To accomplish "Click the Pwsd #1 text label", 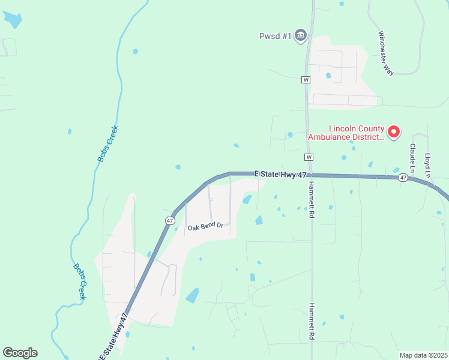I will pyautogui.click(x=275, y=37).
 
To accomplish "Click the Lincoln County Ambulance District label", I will pyautogui.click(x=345, y=133).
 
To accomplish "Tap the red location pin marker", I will pyautogui.click(x=394, y=131).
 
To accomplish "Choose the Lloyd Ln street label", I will pyautogui.click(x=428, y=166).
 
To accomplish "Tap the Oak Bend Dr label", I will pyautogui.click(x=205, y=227).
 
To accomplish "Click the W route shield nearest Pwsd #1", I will pyautogui.click(x=306, y=79).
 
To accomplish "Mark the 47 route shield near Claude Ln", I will pyautogui.click(x=403, y=178).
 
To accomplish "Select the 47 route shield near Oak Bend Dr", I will pyautogui.click(x=170, y=221).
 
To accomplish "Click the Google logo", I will pyautogui.click(x=20, y=353).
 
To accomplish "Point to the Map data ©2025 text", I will pyautogui.click(x=423, y=355).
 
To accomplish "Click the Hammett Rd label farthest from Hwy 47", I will pyautogui.click(x=312, y=322).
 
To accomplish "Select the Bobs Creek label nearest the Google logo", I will pyautogui.click(x=80, y=282).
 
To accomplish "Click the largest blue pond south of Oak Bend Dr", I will pyautogui.click(x=192, y=295).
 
